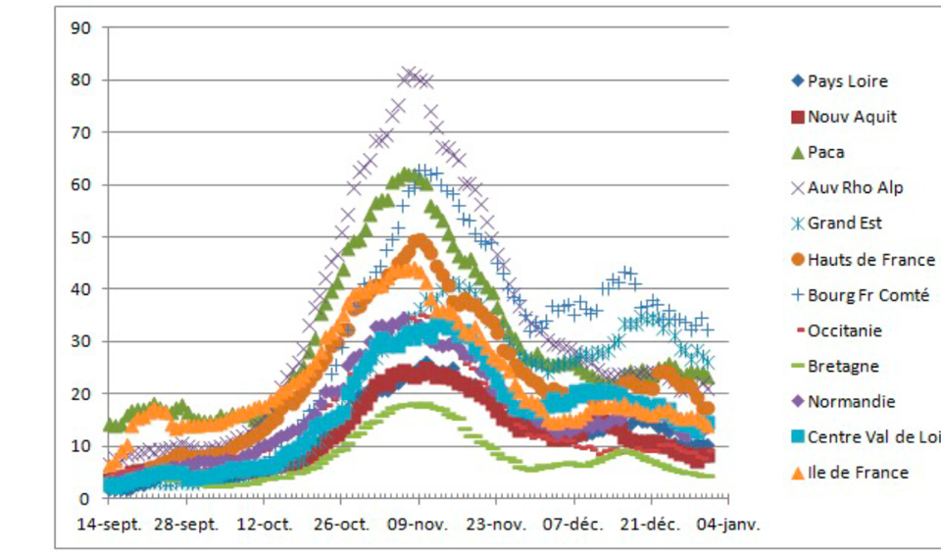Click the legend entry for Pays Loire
pos(848,81)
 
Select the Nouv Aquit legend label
pos(852,117)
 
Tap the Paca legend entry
pos(825,152)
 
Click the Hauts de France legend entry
pos(870,260)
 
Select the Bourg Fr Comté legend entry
pos(867,295)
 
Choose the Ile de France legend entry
pos(858,473)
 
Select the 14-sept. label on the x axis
pos(110,525)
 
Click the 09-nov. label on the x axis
pos(419,525)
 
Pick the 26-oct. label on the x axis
pos(341,525)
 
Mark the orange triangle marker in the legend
pos(797,473)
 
